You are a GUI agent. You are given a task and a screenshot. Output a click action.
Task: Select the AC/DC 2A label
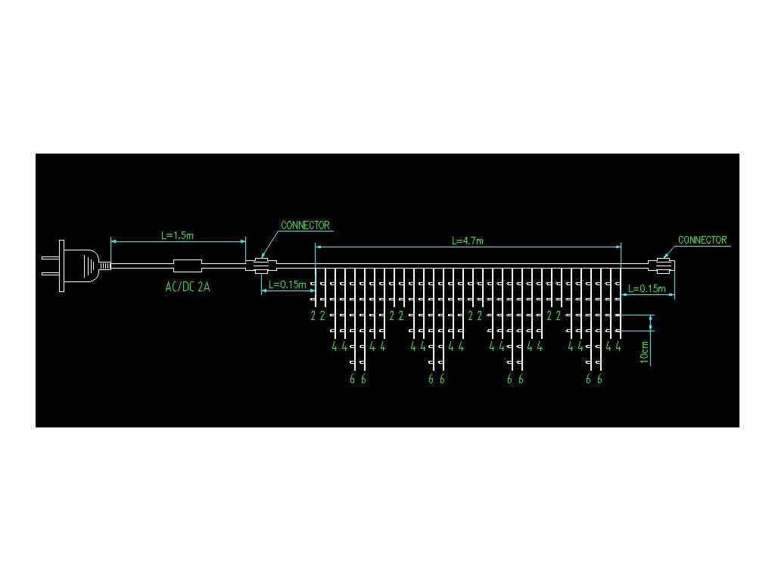(187, 287)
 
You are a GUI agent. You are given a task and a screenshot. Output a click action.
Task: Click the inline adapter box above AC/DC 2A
(188, 266)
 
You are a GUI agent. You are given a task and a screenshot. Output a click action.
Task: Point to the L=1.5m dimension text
(177, 235)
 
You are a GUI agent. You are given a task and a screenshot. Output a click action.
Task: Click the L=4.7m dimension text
(467, 241)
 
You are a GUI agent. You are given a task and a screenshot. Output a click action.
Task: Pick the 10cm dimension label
(644, 353)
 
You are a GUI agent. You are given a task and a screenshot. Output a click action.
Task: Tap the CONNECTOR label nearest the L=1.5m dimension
(305, 225)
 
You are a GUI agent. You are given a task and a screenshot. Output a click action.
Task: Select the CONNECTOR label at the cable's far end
(702, 241)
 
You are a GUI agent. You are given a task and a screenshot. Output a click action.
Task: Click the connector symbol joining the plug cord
(261, 266)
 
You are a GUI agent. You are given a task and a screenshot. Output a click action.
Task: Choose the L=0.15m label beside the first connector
(288, 285)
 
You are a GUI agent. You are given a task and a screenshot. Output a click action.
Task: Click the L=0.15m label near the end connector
(647, 289)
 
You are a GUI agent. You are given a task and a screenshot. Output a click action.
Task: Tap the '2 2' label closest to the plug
(318, 315)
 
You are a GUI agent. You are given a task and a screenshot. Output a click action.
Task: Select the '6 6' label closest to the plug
(358, 379)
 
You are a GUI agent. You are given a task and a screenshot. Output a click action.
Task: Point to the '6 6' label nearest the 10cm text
(594, 379)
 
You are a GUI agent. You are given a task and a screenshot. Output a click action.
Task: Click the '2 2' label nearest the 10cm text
(553, 315)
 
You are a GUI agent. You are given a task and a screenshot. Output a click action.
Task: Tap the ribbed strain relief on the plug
(104, 266)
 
